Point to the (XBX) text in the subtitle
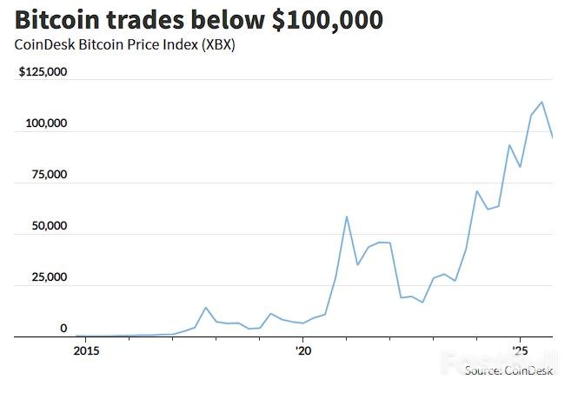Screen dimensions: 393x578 pos(217,45)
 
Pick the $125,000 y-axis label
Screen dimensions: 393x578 pos(43,72)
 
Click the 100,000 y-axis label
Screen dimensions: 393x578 pos(46,123)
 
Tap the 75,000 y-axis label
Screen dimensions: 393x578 pos(49,175)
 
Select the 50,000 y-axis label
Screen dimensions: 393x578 pos(49,226)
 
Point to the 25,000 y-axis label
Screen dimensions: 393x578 pos(49,277)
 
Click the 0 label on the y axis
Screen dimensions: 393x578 pos(63,329)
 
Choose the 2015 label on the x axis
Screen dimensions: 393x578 pos(86,351)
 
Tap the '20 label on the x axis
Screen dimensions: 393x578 pos(302,351)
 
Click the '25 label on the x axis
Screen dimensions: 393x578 pos(519,351)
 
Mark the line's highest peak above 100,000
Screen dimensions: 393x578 pos(542,102)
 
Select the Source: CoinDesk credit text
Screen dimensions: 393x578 pos(508,370)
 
